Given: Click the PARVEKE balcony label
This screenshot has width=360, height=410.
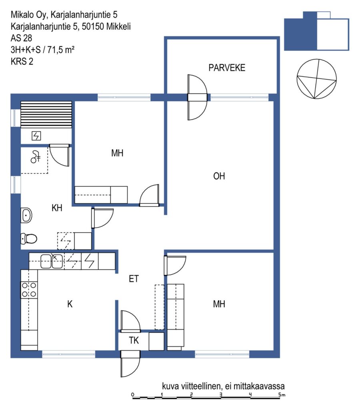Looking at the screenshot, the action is (227, 68).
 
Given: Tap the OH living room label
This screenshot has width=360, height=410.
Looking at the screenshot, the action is (219, 176).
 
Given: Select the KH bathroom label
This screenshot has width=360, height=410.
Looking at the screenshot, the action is (57, 208).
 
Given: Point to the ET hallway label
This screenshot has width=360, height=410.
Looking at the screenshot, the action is (134, 279).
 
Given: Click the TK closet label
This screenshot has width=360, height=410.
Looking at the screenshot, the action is (134, 340).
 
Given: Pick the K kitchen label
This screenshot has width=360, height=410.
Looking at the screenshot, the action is (70, 304).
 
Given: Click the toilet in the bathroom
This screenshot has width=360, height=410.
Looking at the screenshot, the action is (29, 239).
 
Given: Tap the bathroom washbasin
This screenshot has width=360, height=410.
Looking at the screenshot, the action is (26, 215).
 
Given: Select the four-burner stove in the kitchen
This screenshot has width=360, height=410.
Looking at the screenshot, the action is (29, 290).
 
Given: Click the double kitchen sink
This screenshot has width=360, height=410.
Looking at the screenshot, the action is (52, 261).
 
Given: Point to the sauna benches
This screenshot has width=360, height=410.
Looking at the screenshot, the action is (46, 115).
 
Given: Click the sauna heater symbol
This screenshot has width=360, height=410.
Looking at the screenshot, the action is (36, 136).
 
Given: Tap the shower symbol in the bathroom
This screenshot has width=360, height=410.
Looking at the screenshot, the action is (35, 157).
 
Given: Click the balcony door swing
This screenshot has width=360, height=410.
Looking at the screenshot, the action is (197, 97).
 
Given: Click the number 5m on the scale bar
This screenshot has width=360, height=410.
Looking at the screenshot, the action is (282, 394).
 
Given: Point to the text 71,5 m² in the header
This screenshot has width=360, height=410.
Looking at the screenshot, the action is (61, 50).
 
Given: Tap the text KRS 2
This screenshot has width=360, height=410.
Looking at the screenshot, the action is (22, 61).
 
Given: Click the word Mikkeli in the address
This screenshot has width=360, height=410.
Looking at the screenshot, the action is (118, 26).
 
